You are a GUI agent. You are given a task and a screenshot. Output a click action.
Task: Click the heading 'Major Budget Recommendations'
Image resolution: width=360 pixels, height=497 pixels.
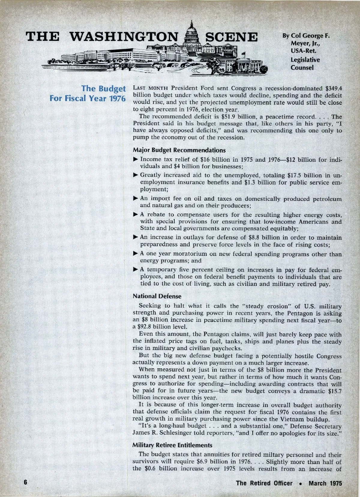pos(179,150)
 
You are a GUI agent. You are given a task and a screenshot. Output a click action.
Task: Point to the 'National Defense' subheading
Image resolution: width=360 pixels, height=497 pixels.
pos(157,296)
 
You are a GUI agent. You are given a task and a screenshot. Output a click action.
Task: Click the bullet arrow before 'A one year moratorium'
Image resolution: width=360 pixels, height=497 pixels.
pos(136,253)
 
